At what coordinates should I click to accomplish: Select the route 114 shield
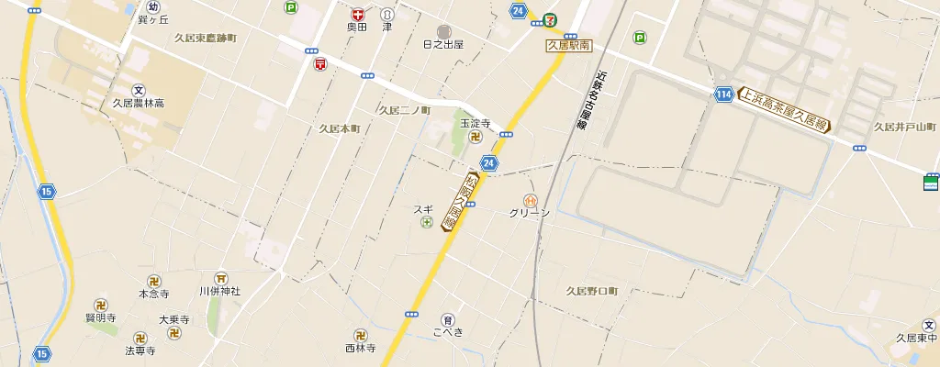pyautogui.click(x=724, y=94)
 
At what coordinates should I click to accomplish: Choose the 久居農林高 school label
pyautogui.click(x=138, y=104)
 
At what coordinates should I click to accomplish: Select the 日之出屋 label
pyautogui.click(x=443, y=44)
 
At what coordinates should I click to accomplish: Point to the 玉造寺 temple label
pyautogui.click(x=476, y=123)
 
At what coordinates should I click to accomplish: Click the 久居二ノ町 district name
pyautogui.click(x=404, y=110)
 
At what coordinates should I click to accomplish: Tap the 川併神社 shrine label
pyautogui.click(x=219, y=291)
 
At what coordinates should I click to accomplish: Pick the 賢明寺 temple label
pyautogui.click(x=100, y=317)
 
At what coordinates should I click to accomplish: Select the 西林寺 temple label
pyautogui.click(x=361, y=349)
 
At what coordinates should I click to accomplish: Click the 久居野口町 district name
pyautogui.click(x=592, y=291)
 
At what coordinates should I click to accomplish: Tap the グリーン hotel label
pyautogui.click(x=530, y=213)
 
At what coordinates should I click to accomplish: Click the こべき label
pyautogui.click(x=448, y=332)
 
